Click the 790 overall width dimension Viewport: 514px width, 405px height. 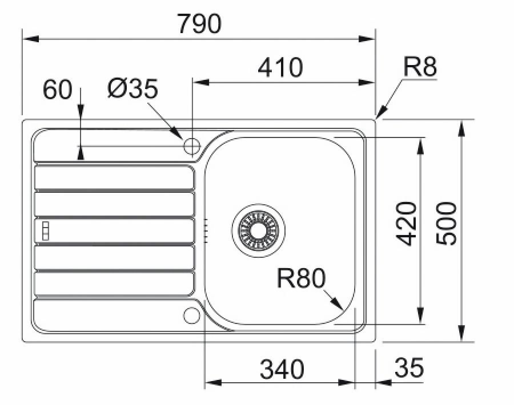199,23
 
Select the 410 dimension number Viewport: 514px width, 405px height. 280,67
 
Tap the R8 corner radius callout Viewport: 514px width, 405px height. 420,67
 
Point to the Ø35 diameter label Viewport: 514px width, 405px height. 132,88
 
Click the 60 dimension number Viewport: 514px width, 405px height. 57,89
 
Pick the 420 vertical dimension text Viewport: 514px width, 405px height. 406,223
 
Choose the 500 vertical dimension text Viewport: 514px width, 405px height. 446,223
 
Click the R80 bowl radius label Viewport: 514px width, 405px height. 301,278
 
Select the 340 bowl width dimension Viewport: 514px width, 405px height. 282,369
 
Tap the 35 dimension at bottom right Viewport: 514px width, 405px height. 409,367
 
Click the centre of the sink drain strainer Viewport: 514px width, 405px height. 258,231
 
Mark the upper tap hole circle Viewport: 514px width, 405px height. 191,146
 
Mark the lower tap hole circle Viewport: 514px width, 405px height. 191,315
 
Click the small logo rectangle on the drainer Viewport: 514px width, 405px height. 46,231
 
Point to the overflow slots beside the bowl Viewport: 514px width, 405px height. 206,231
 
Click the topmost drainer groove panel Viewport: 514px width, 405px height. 114,177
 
